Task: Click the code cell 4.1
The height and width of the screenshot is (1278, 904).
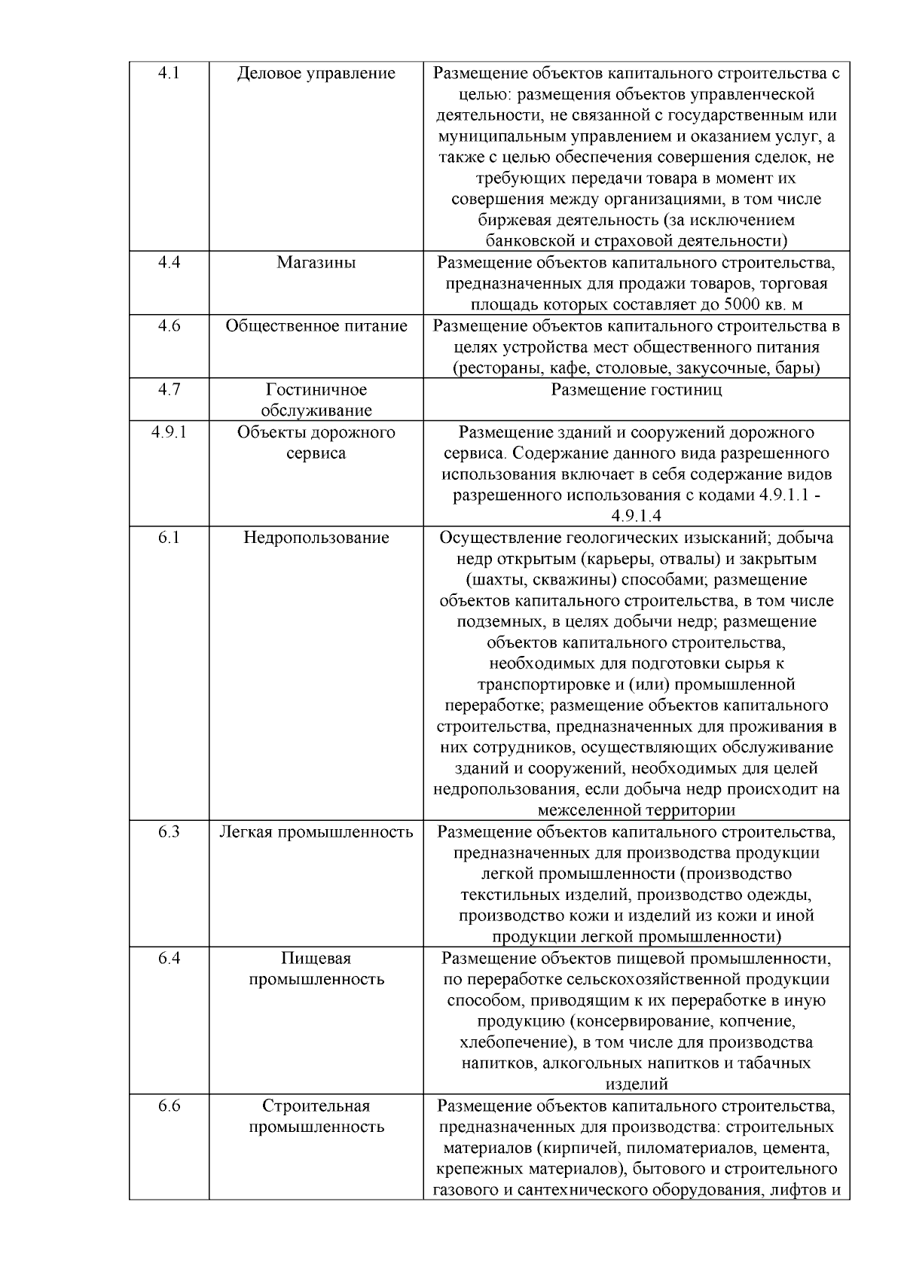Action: pyautogui.click(x=169, y=73)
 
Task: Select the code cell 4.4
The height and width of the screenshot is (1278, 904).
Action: pyautogui.click(x=169, y=262)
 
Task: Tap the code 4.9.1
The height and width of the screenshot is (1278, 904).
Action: pyautogui.click(x=169, y=432)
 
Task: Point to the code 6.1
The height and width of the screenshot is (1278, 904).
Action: pyautogui.click(x=169, y=538)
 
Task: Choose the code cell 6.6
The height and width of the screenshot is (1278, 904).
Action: pyautogui.click(x=169, y=1106)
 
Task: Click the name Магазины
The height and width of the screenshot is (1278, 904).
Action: pyautogui.click(x=316, y=262)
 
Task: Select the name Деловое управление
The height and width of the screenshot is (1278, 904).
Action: pyautogui.click(x=316, y=73)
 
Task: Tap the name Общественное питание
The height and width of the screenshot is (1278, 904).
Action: pyautogui.click(x=316, y=326)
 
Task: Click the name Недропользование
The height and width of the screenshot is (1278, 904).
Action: pyautogui.click(x=316, y=538)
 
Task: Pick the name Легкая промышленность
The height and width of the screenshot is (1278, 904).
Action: pyautogui.click(x=316, y=832)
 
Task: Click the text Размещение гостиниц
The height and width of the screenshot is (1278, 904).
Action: pyautogui.click(x=636, y=389)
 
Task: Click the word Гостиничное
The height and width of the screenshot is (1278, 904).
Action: pyautogui.click(x=316, y=389)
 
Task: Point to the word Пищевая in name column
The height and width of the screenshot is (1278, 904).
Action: pyautogui.click(x=316, y=959)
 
